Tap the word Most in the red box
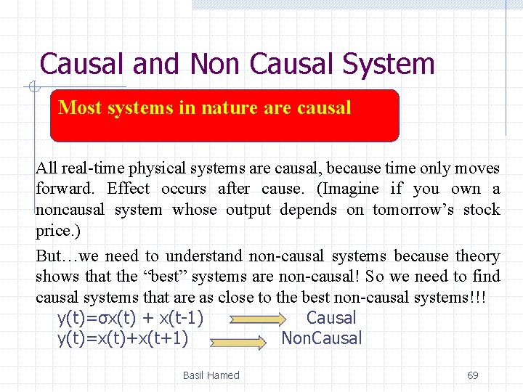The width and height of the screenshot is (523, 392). coord(80,108)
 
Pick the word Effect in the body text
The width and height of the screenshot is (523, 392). coord(129,189)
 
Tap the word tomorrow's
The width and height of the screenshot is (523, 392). coord(419,210)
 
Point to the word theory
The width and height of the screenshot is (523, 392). coord(477,256)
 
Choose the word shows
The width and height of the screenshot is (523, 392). coord(55,277)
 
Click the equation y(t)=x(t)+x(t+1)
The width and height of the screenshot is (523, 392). coord(123,338)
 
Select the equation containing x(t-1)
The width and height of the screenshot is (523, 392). coord(130,318)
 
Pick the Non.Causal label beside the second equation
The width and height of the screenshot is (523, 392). coord(322,338)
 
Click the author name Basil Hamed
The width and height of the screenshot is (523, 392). coord(211,375)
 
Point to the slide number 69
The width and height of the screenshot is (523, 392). coord(472,375)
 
